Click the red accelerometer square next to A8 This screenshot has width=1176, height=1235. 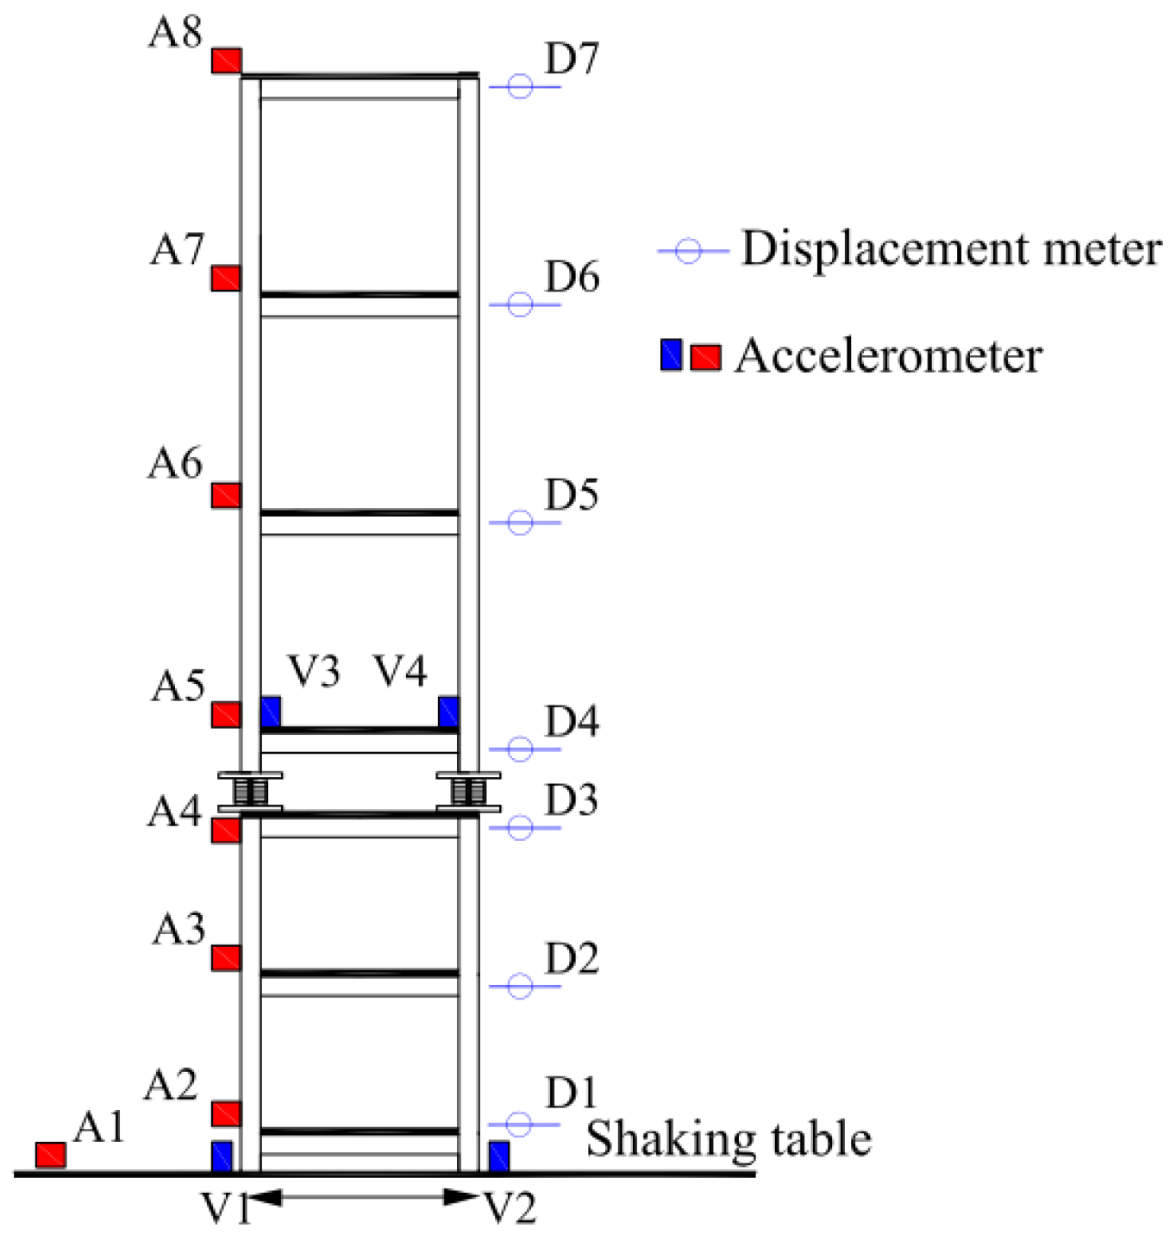[x=227, y=61]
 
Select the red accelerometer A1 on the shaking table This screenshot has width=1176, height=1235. [x=51, y=1155]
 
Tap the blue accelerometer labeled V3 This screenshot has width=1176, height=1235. [x=271, y=712]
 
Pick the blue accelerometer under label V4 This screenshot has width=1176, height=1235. [x=448, y=712]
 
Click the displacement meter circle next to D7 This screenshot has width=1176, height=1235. [x=520, y=86]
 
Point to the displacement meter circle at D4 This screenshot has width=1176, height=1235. [x=520, y=749]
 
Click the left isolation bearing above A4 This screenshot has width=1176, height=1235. [x=250, y=791]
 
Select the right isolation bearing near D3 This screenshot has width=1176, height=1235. [x=468, y=791]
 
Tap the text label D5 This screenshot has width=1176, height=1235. [x=572, y=495]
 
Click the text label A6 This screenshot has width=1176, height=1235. [x=175, y=464]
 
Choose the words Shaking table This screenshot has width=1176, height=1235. [x=729, y=1138]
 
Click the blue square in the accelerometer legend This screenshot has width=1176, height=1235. [x=671, y=354]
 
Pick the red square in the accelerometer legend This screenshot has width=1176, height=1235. [x=706, y=356]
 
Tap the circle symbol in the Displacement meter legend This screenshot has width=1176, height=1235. [x=688, y=251]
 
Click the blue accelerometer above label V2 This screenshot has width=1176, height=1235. [x=499, y=1157]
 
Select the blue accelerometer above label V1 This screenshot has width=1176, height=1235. [x=222, y=1157]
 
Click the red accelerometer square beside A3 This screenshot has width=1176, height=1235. [x=227, y=958]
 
